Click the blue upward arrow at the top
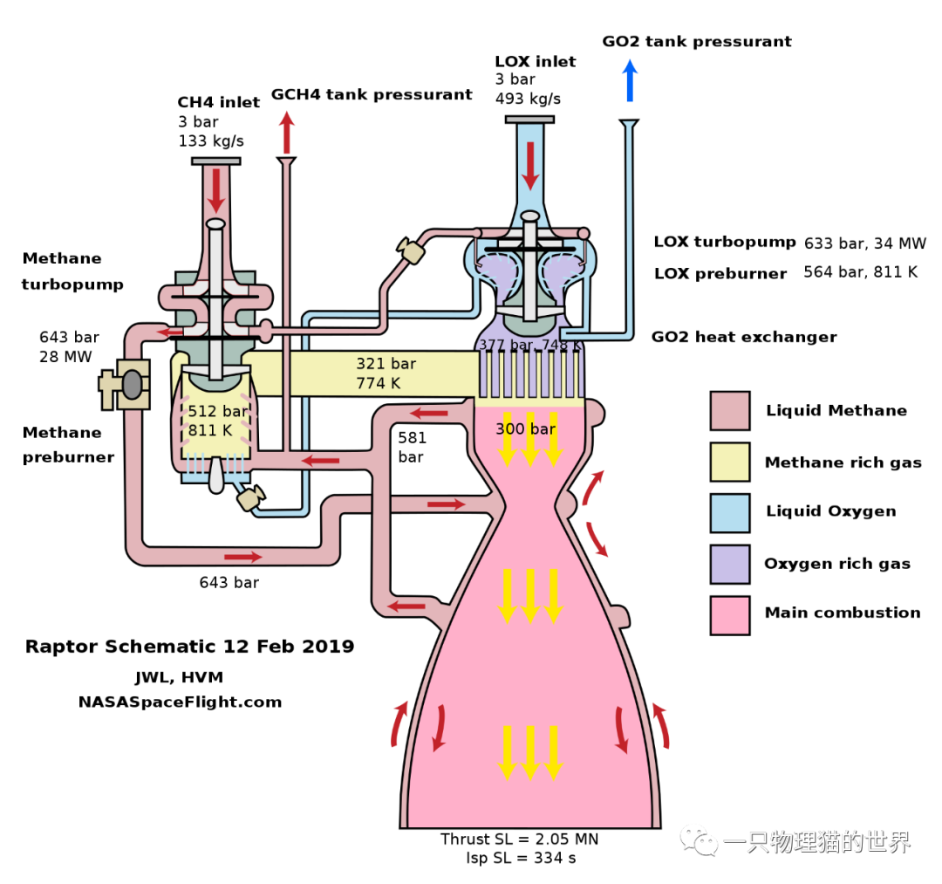tap(630, 80)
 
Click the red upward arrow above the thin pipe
tap(287, 133)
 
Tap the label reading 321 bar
tap(386, 364)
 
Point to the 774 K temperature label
tap(378, 384)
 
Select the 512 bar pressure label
tap(217, 411)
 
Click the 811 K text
tap(210, 430)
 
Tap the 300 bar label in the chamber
tap(525, 429)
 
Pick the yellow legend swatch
tap(729, 462)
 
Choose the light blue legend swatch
tap(729, 513)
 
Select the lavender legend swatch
tap(729, 564)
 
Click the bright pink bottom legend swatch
tap(729, 615)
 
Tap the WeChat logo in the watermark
tap(699, 840)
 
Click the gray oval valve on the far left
tap(132, 385)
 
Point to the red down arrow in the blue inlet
tap(530, 166)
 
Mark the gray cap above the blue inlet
tap(529, 120)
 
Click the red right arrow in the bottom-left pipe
tap(242, 557)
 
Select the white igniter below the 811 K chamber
tap(216, 475)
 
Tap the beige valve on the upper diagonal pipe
tap(411, 251)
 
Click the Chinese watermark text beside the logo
tap(816, 842)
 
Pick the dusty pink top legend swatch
tap(729, 410)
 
